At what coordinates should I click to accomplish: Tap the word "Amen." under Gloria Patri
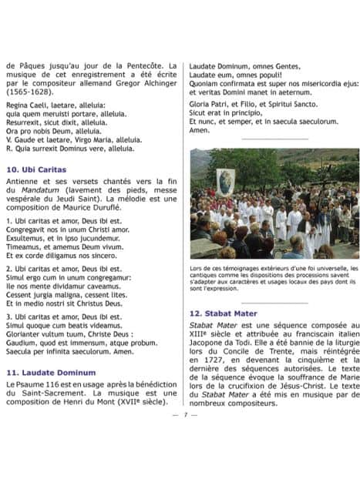200,130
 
